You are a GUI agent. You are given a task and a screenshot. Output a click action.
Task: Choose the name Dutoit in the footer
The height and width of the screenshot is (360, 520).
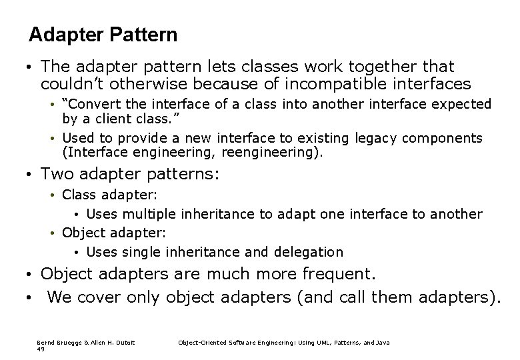coord(124,343)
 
